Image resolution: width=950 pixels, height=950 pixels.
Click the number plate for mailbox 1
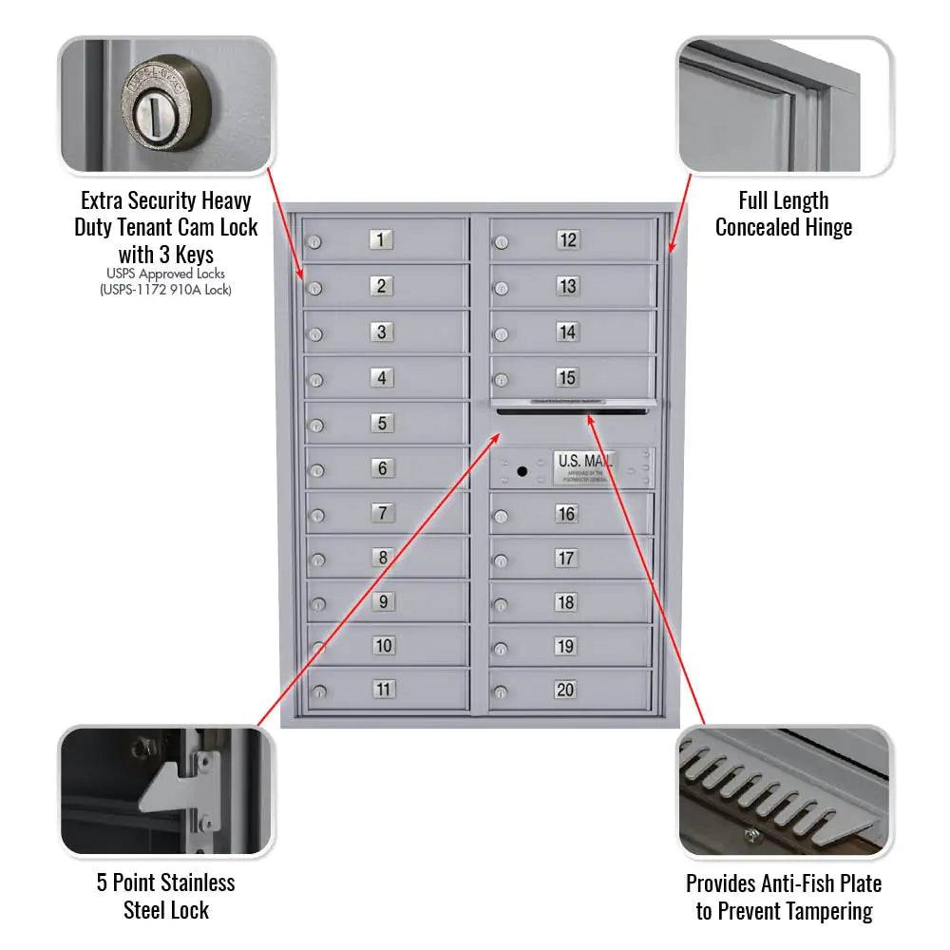click(381, 240)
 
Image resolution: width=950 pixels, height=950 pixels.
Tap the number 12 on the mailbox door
click(567, 240)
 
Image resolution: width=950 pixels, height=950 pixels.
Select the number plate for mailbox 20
click(565, 690)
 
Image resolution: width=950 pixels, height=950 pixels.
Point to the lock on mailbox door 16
click(502, 517)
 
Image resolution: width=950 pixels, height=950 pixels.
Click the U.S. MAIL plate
click(584, 466)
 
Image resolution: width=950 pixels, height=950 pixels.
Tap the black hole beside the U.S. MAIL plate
click(522, 471)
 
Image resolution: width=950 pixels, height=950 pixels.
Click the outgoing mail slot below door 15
click(573, 410)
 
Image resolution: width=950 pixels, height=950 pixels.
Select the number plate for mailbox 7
click(382, 513)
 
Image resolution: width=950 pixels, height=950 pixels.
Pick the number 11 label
click(383, 690)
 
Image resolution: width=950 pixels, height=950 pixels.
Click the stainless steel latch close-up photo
click(166, 791)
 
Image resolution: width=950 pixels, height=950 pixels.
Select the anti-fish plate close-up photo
click(784, 791)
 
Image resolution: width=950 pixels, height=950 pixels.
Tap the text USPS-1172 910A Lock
click(166, 291)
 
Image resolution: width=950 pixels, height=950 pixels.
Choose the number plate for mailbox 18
click(565, 602)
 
